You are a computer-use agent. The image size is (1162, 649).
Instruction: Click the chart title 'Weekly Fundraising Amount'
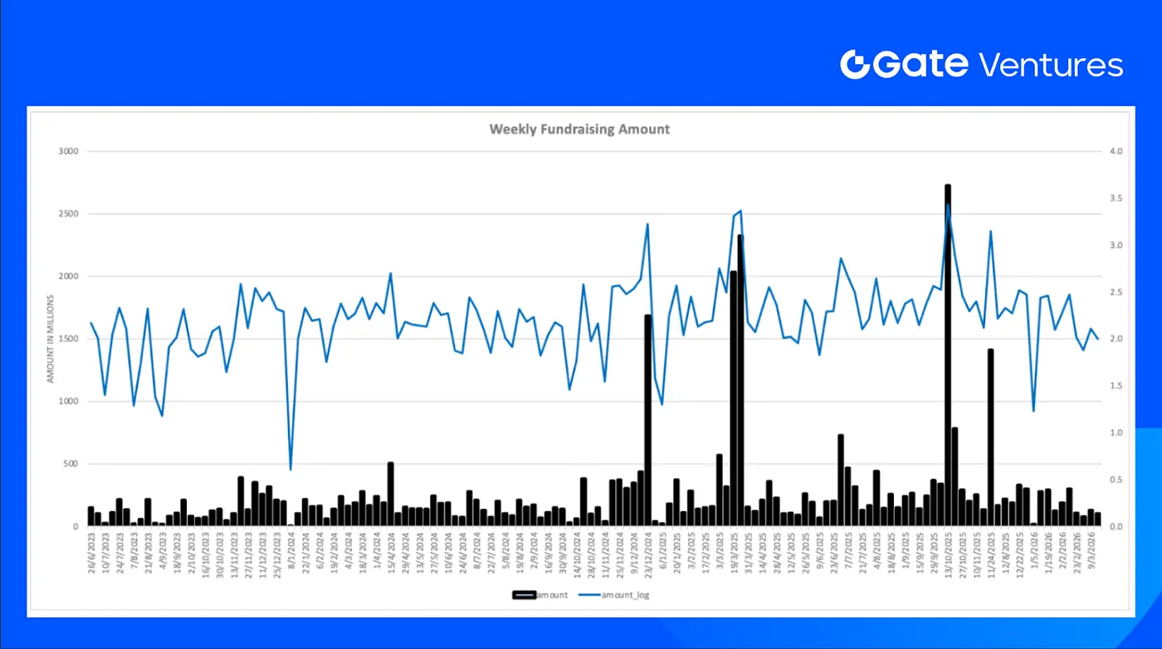(579, 129)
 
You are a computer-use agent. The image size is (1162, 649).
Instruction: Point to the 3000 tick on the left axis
(67, 152)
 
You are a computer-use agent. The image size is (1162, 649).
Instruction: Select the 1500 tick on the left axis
(67, 339)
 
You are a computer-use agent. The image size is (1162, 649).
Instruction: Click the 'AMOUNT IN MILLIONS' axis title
(51, 339)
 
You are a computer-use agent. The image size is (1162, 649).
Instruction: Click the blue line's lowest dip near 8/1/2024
(290, 469)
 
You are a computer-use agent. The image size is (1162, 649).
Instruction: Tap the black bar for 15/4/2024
(390, 494)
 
